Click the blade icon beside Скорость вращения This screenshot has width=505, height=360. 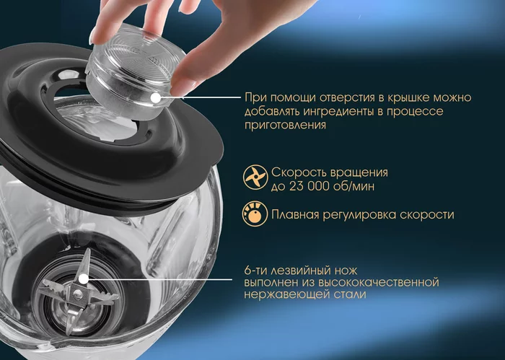tap(255, 177)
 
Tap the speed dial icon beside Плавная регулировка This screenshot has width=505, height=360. tap(255, 214)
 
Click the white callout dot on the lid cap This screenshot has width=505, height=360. tap(156, 97)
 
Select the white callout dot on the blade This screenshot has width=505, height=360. tap(84, 279)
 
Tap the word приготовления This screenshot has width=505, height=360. tap(285, 126)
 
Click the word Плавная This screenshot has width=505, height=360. tap(295, 214)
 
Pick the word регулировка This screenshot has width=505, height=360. tap(359, 216)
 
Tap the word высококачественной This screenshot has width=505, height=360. tap(379, 282)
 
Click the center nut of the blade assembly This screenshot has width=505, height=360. tap(77, 293)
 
